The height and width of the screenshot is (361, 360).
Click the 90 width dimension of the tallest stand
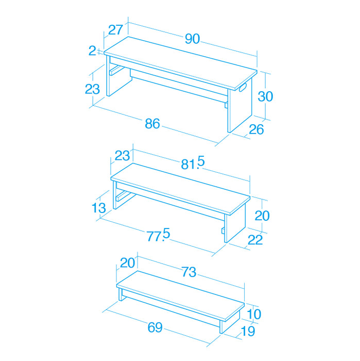[x=193, y=39]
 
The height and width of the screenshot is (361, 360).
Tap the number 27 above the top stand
[x=116, y=30]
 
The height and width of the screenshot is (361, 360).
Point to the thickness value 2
[x=92, y=51]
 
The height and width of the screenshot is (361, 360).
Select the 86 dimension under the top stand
[x=152, y=124]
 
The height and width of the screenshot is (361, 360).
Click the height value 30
[x=265, y=96]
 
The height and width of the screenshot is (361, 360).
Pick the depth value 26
[x=256, y=129]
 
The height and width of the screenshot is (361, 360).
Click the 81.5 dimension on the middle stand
[x=193, y=162]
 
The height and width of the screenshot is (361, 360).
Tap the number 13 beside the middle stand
[x=98, y=208]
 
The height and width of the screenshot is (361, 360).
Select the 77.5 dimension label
[x=158, y=235]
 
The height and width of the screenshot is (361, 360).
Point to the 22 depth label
[x=255, y=240]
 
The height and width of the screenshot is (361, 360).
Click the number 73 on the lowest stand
[x=188, y=272]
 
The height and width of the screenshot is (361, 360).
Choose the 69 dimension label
[x=155, y=327]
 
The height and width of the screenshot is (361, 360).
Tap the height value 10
[x=254, y=314]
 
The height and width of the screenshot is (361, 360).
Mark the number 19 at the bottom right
[x=248, y=332]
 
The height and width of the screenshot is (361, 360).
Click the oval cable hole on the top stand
[x=242, y=88]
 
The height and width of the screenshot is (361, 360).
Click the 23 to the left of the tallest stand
[x=92, y=89]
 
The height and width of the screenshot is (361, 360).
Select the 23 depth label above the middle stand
[x=122, y=156]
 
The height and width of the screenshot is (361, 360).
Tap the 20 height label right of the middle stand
[x=262, y=216]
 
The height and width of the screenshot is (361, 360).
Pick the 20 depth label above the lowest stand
[x=127, y=262]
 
